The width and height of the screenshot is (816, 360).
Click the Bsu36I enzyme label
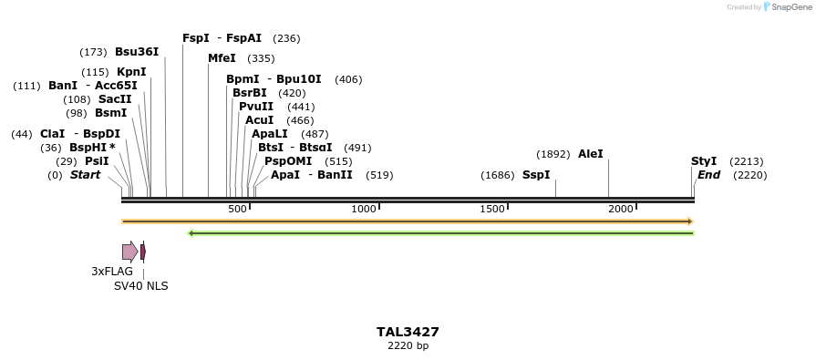[137, 52]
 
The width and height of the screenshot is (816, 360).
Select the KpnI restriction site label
[131, 72]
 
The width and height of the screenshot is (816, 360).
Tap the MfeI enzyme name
[222, 58]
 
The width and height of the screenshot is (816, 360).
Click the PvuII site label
[256, 107]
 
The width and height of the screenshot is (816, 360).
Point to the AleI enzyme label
[591, 154]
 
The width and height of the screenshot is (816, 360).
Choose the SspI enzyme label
[536, 175]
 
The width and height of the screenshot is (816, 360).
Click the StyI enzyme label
[704, 161]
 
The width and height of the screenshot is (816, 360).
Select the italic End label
[709, 175]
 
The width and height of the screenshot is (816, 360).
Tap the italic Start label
[85, 175]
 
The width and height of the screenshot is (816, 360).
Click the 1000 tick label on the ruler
[364, 210]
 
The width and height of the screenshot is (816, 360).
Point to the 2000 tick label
[621, 210]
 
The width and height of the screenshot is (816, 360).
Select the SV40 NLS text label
[140, 286]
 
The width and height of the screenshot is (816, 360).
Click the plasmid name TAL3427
[408, 332]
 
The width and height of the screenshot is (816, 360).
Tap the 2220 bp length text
[408, 346]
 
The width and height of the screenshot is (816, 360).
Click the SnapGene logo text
[790, 7]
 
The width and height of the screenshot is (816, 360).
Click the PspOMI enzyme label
[283, 161]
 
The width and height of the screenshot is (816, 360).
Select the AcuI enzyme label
[260, 120]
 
